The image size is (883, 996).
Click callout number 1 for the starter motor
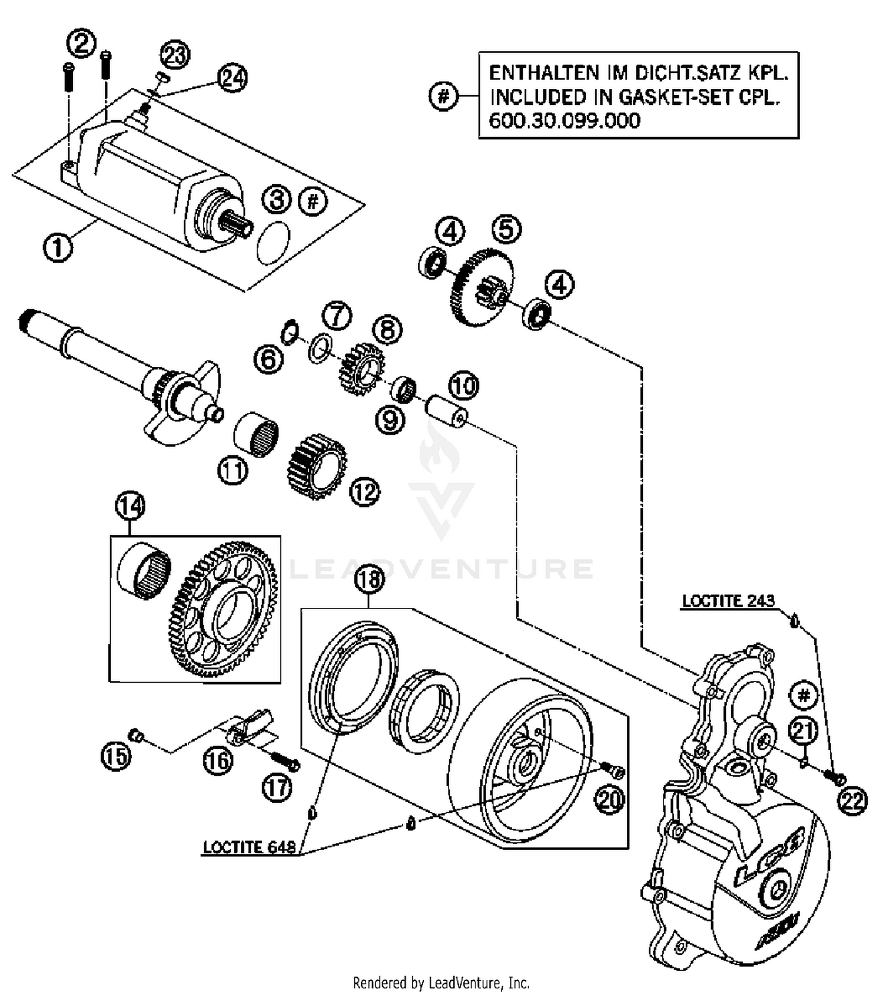tap(58, 247)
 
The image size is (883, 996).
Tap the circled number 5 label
tap(507, 229)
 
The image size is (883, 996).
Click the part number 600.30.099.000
tap(565, 121)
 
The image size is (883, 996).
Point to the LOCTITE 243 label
tap(728, 601)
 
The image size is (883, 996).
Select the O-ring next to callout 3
tap(274, 242)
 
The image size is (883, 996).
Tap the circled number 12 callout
tap(364, 492)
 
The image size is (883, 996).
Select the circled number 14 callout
tap(130, 506)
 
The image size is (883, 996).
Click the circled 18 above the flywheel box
tap(369, 580)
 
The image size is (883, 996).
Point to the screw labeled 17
tap(285, 760)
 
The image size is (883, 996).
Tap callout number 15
tap(116, 756)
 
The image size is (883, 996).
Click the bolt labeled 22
tap(836, 778)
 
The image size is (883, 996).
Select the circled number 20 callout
tap(609, 800)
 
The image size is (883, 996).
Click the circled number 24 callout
tap(232, 78)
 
